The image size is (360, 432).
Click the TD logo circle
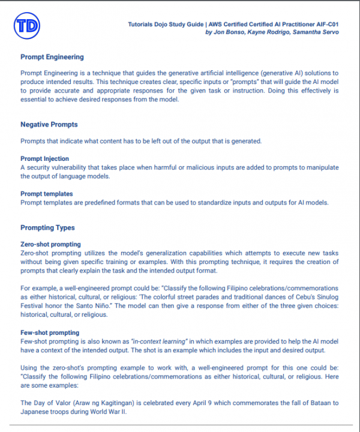[x=28, y=26]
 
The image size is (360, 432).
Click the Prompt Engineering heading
[x=52, y=58]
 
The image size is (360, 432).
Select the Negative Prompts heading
[x=49, y=125]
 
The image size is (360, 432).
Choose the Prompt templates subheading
[x=47, y=194]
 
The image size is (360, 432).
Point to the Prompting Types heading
[x=47, y=228]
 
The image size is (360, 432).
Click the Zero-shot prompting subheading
[x=50, y=245]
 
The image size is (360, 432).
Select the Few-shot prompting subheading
[x=49, y=332]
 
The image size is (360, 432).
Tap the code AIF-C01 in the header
[x=324, y=25]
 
